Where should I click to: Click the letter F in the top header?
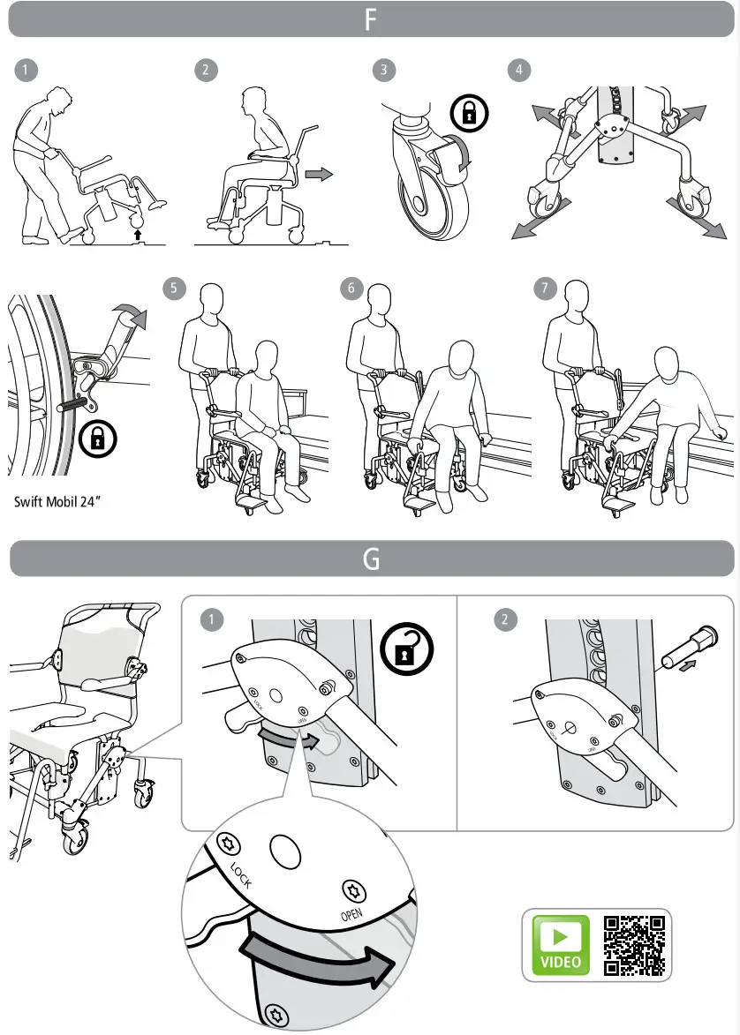(x=371, y=19)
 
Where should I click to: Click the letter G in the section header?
(x=371, y=559)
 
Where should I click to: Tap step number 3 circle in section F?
(x=382, y=71)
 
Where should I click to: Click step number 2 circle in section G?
(x=504, y=619)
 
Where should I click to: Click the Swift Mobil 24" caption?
(x=57, y=505)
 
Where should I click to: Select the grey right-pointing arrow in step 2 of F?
(x=318, y=175)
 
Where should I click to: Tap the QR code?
(x=633, y=944)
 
